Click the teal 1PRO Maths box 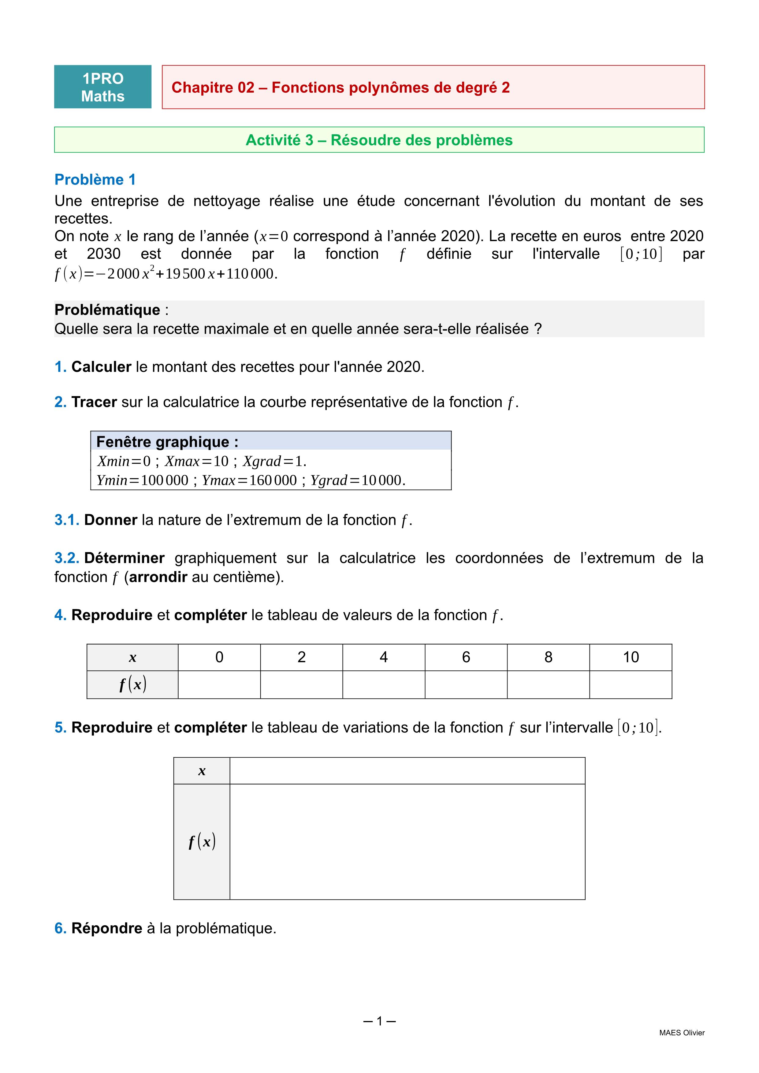pos(103,87)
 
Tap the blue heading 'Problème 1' pos(95,180)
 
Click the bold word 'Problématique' pos(107,310)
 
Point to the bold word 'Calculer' pos(101,367)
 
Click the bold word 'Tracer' pos(94,402)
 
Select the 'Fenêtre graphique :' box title pos(167,442)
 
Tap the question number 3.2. pos(66,558)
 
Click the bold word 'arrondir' pos(158,577)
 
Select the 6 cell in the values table pos(466,657)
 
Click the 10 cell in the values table pos(631,657)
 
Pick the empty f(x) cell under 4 pos(384,685)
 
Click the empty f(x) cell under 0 pos(219,685)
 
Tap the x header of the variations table pos(202,771)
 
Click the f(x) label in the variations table pos(202,842)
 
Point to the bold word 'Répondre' pos(106,928)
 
